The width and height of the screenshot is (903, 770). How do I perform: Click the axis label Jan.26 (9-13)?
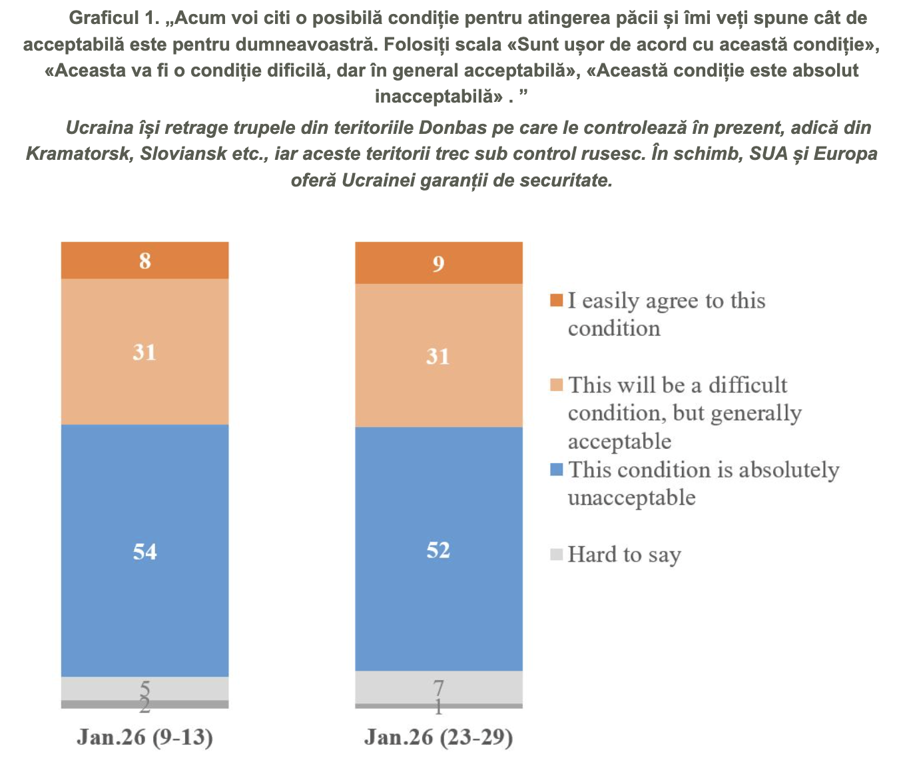145,737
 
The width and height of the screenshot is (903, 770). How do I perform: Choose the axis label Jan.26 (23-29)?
438,737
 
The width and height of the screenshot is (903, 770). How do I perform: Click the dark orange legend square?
557,300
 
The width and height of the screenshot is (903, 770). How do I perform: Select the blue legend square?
557,470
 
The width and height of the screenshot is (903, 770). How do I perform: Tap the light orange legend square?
557,385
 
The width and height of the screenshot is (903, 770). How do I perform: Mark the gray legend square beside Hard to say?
557,554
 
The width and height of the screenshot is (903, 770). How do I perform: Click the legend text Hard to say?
624,554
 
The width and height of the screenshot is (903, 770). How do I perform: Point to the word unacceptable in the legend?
631,498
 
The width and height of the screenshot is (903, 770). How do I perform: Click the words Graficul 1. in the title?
114,18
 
